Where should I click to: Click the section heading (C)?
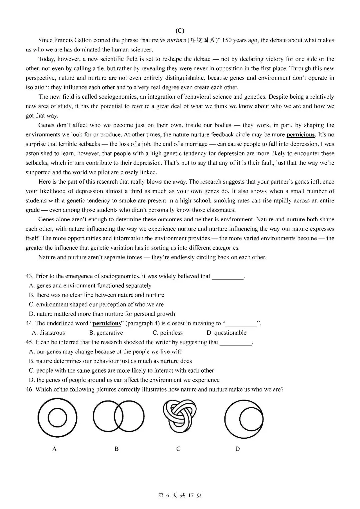(x=180, y=31)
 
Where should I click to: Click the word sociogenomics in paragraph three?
(x=119, y=97)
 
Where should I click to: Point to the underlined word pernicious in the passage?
(x=300, y=135)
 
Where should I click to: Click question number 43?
(x=29, y=276)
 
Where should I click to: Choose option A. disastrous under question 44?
(x=48, y=333)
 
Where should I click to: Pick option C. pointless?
(x=168, y=333)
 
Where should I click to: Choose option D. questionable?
(x=226, y=333)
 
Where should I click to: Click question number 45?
(x=29, y=342)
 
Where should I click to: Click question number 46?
(x=29, y=389)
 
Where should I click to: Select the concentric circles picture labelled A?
(x=57, y=418)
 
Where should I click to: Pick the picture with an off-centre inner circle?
(x=244, y=419)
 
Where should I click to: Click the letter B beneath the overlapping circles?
(x=117, y=449)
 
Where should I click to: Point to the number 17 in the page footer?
(x=191, y=495)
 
